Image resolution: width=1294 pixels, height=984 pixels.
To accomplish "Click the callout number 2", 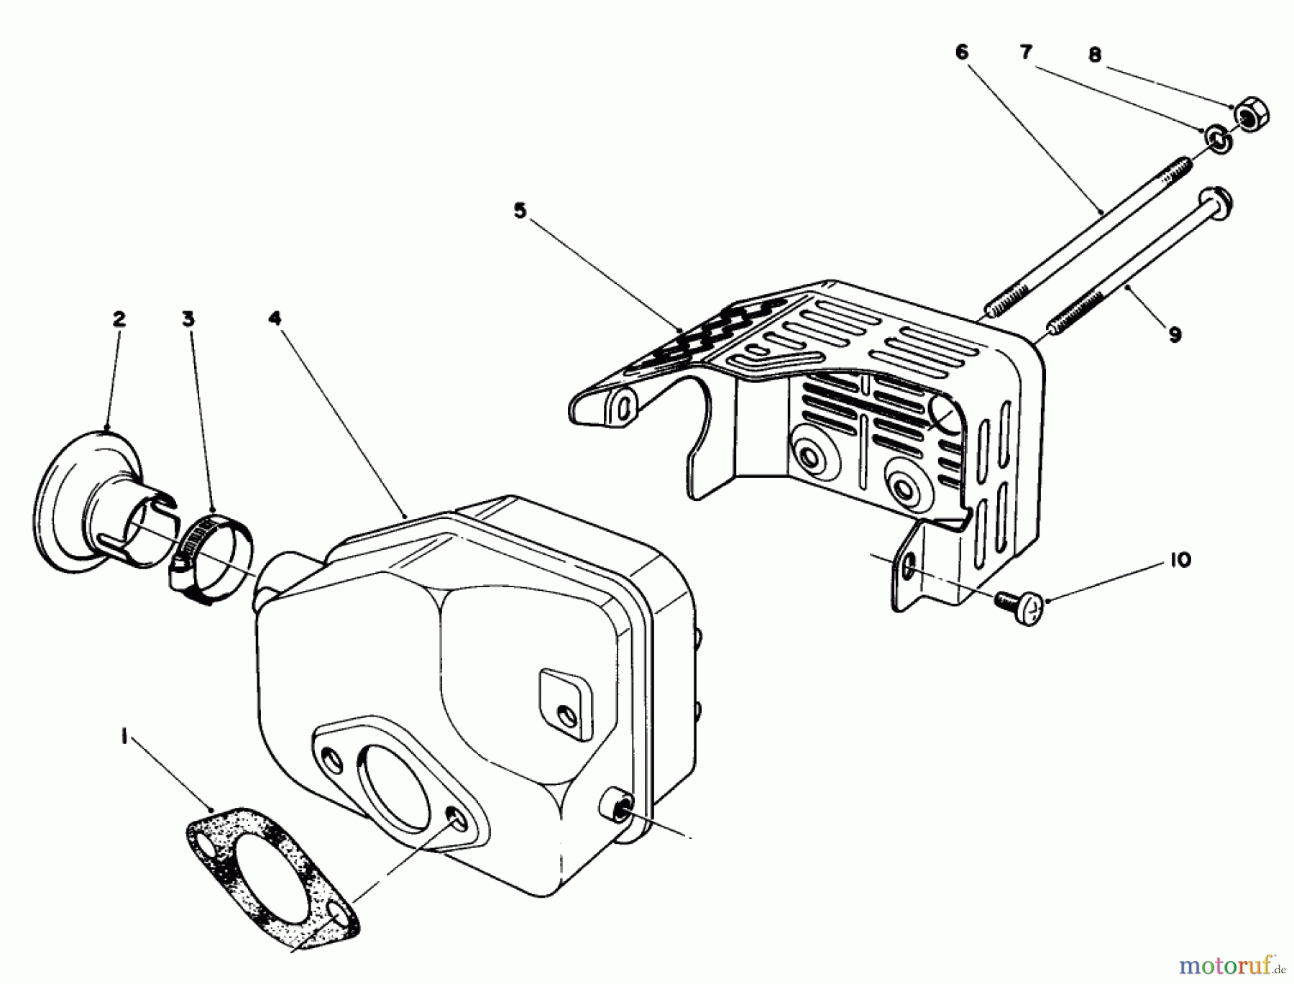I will (x=119, y=319).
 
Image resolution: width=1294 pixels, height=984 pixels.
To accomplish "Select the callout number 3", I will (x=188, y=319).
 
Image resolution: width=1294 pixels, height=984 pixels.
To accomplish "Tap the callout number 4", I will (x=275, y=318).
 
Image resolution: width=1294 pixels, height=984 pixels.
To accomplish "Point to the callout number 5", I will (x=520, y=211).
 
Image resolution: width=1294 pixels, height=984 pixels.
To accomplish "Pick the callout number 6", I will (x=962, y=52).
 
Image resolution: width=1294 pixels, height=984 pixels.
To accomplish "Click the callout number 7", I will (x=1026, y=52).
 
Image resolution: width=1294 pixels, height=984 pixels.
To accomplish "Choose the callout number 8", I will (x=1095, y=55).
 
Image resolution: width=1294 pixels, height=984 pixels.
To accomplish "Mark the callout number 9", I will (x=1174, y=334).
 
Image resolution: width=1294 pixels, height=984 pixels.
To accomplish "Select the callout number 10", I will (x=1180, y=559).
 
